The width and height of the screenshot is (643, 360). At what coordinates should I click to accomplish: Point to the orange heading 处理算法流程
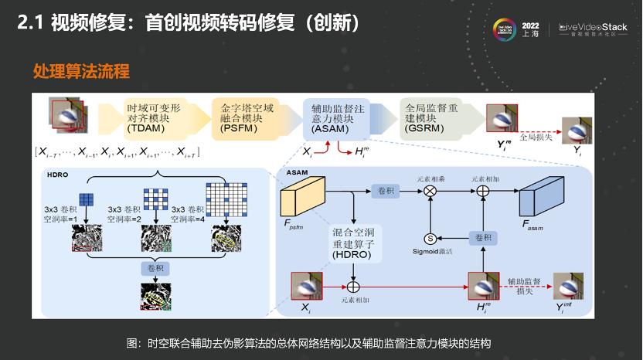(x=81, y=72)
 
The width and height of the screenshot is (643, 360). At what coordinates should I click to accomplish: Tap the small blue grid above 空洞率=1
(x=86, y=198)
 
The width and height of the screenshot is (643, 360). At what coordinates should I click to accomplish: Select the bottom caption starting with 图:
(x=309, y=342)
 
